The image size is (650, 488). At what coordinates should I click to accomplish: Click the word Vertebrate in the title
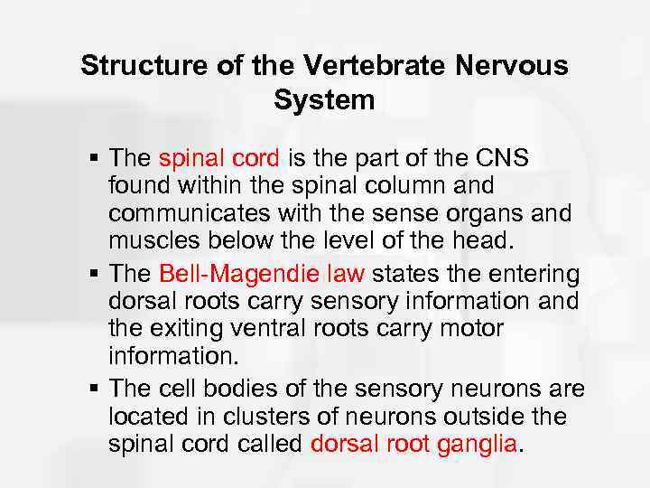pyautogui.click(x=370, y=65)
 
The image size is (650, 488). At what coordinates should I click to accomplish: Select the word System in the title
pyautogui.click(x=324, y=99)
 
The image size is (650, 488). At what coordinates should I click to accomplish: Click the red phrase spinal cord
pyautogui.click(x=219, y=158)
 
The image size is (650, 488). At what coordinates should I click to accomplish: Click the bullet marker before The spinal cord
pyautogui.click(x=95, y=159)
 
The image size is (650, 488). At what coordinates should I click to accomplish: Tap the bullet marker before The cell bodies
pyautogui.click(x=95, y=390)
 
